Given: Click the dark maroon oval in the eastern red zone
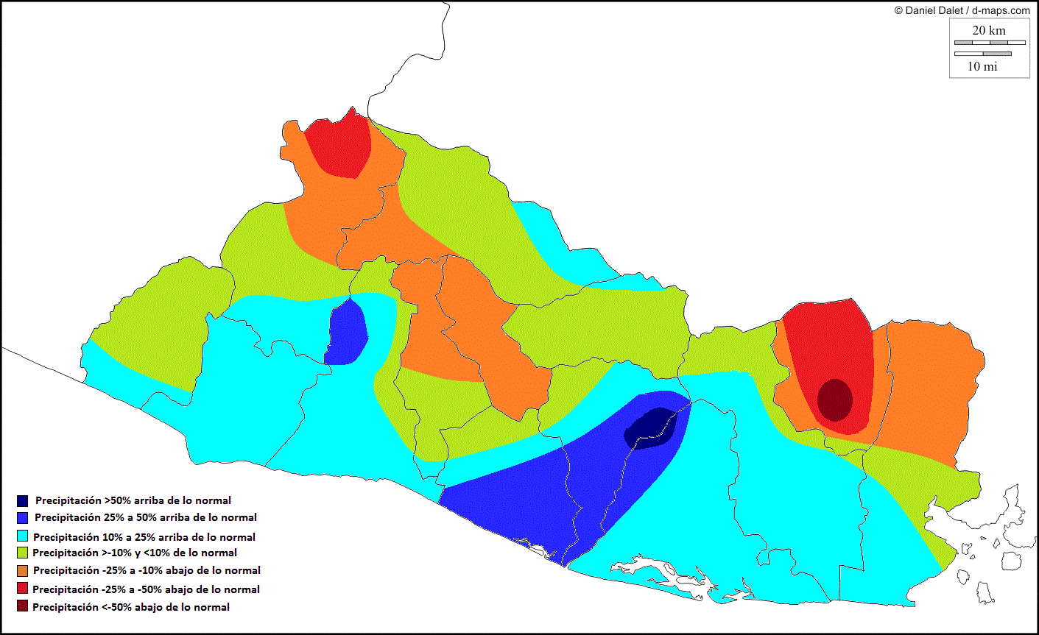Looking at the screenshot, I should pyautogui.click(x=835, y=400).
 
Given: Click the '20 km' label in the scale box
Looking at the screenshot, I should pyautogui.click(x=988, y=30).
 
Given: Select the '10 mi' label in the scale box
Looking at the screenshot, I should pyautogui.click(x=982, y=66).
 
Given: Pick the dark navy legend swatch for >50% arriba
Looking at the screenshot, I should pyautogui.click(x=22, y=501).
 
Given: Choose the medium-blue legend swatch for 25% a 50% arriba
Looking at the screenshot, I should pyautogui.click(x=22, y=518).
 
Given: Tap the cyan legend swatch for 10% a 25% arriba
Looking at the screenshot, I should pyautogui.click(x=22, y=537).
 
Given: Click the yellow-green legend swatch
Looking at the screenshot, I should pyautogui.click(x=22, y=553).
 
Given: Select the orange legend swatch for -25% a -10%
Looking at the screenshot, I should pyautogui.click(x=22, y=570).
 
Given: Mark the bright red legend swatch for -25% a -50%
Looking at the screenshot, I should pyautogui.click(x=22, y=589).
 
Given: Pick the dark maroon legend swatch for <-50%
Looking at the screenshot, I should pyautogui.click(x=22, y=607).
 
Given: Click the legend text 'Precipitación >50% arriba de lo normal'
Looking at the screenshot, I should pyautogui.click(x=133, y=500).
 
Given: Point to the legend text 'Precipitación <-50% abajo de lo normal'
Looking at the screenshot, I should pyautogui.click(x=131, y=607).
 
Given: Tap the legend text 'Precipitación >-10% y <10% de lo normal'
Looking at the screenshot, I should pyautogui.click(x=135, y=553).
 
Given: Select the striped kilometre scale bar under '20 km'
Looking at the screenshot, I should pyautogui.click(x=989, y=43).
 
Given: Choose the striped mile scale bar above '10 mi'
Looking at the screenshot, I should pyautogui.click(x=983, y=53).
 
